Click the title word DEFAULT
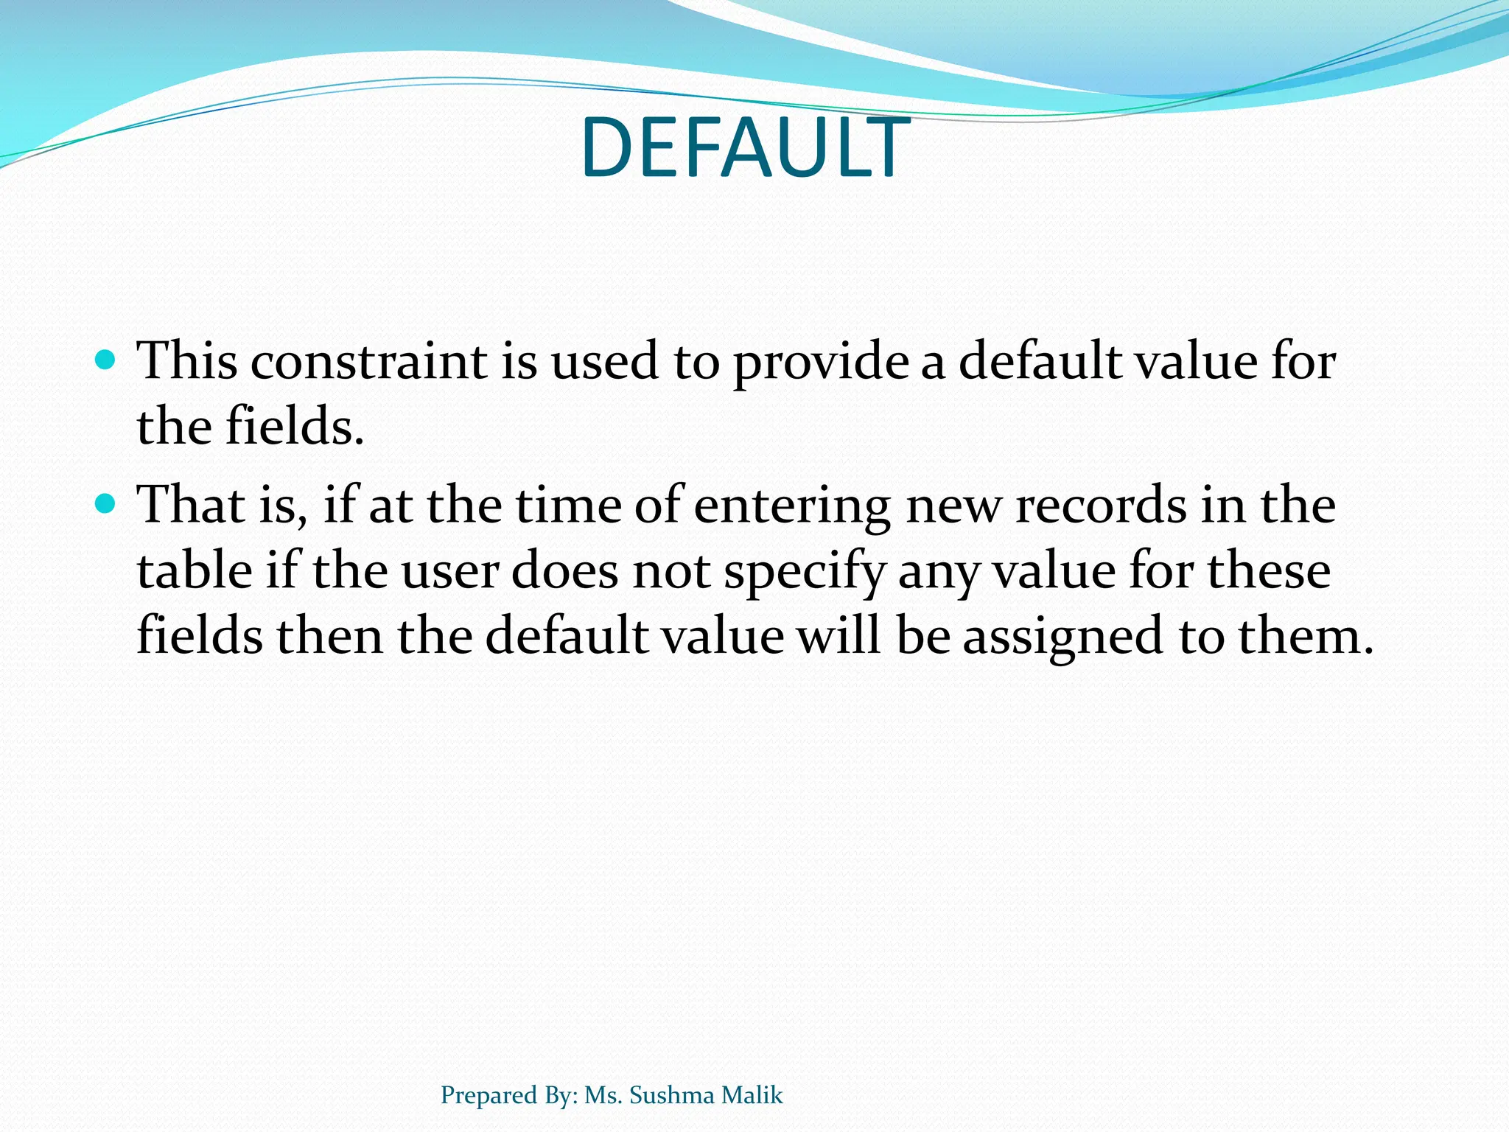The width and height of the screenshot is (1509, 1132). [x=745, y=149]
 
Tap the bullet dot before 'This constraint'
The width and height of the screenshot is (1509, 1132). [x=107, y=360]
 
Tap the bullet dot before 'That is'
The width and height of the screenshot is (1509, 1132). [x=107, y=504]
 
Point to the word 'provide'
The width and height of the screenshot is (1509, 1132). [x=821, y=363]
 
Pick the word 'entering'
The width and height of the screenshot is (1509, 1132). [x=792, y=507]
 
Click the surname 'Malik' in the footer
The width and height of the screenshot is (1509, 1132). [x=752, y=1095]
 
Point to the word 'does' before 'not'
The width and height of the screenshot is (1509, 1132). [x=564, y=572]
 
